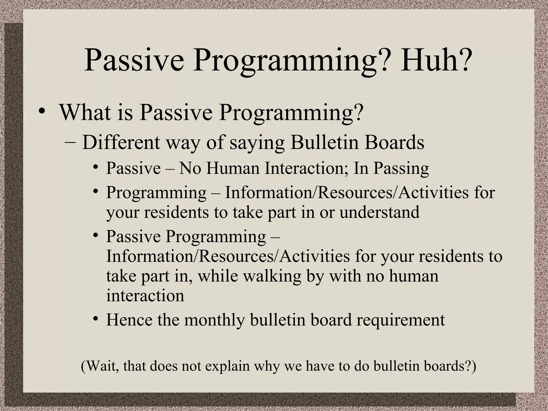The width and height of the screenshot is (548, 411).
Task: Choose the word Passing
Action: point(401,168)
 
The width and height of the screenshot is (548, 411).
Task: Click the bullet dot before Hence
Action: point(96,319)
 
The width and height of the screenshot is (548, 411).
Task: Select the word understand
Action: point(379,212)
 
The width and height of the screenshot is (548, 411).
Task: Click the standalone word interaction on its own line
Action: point(145,296)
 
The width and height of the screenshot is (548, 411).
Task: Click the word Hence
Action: point(129,320)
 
